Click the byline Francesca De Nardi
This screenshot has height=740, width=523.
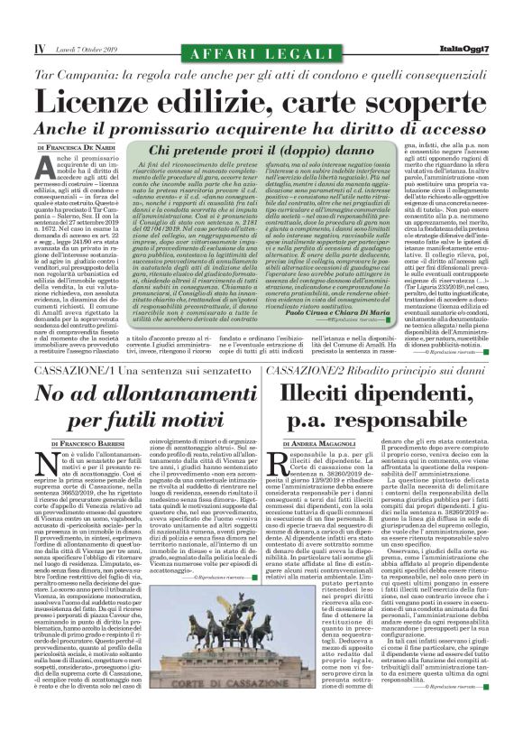[x=80, y=146]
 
